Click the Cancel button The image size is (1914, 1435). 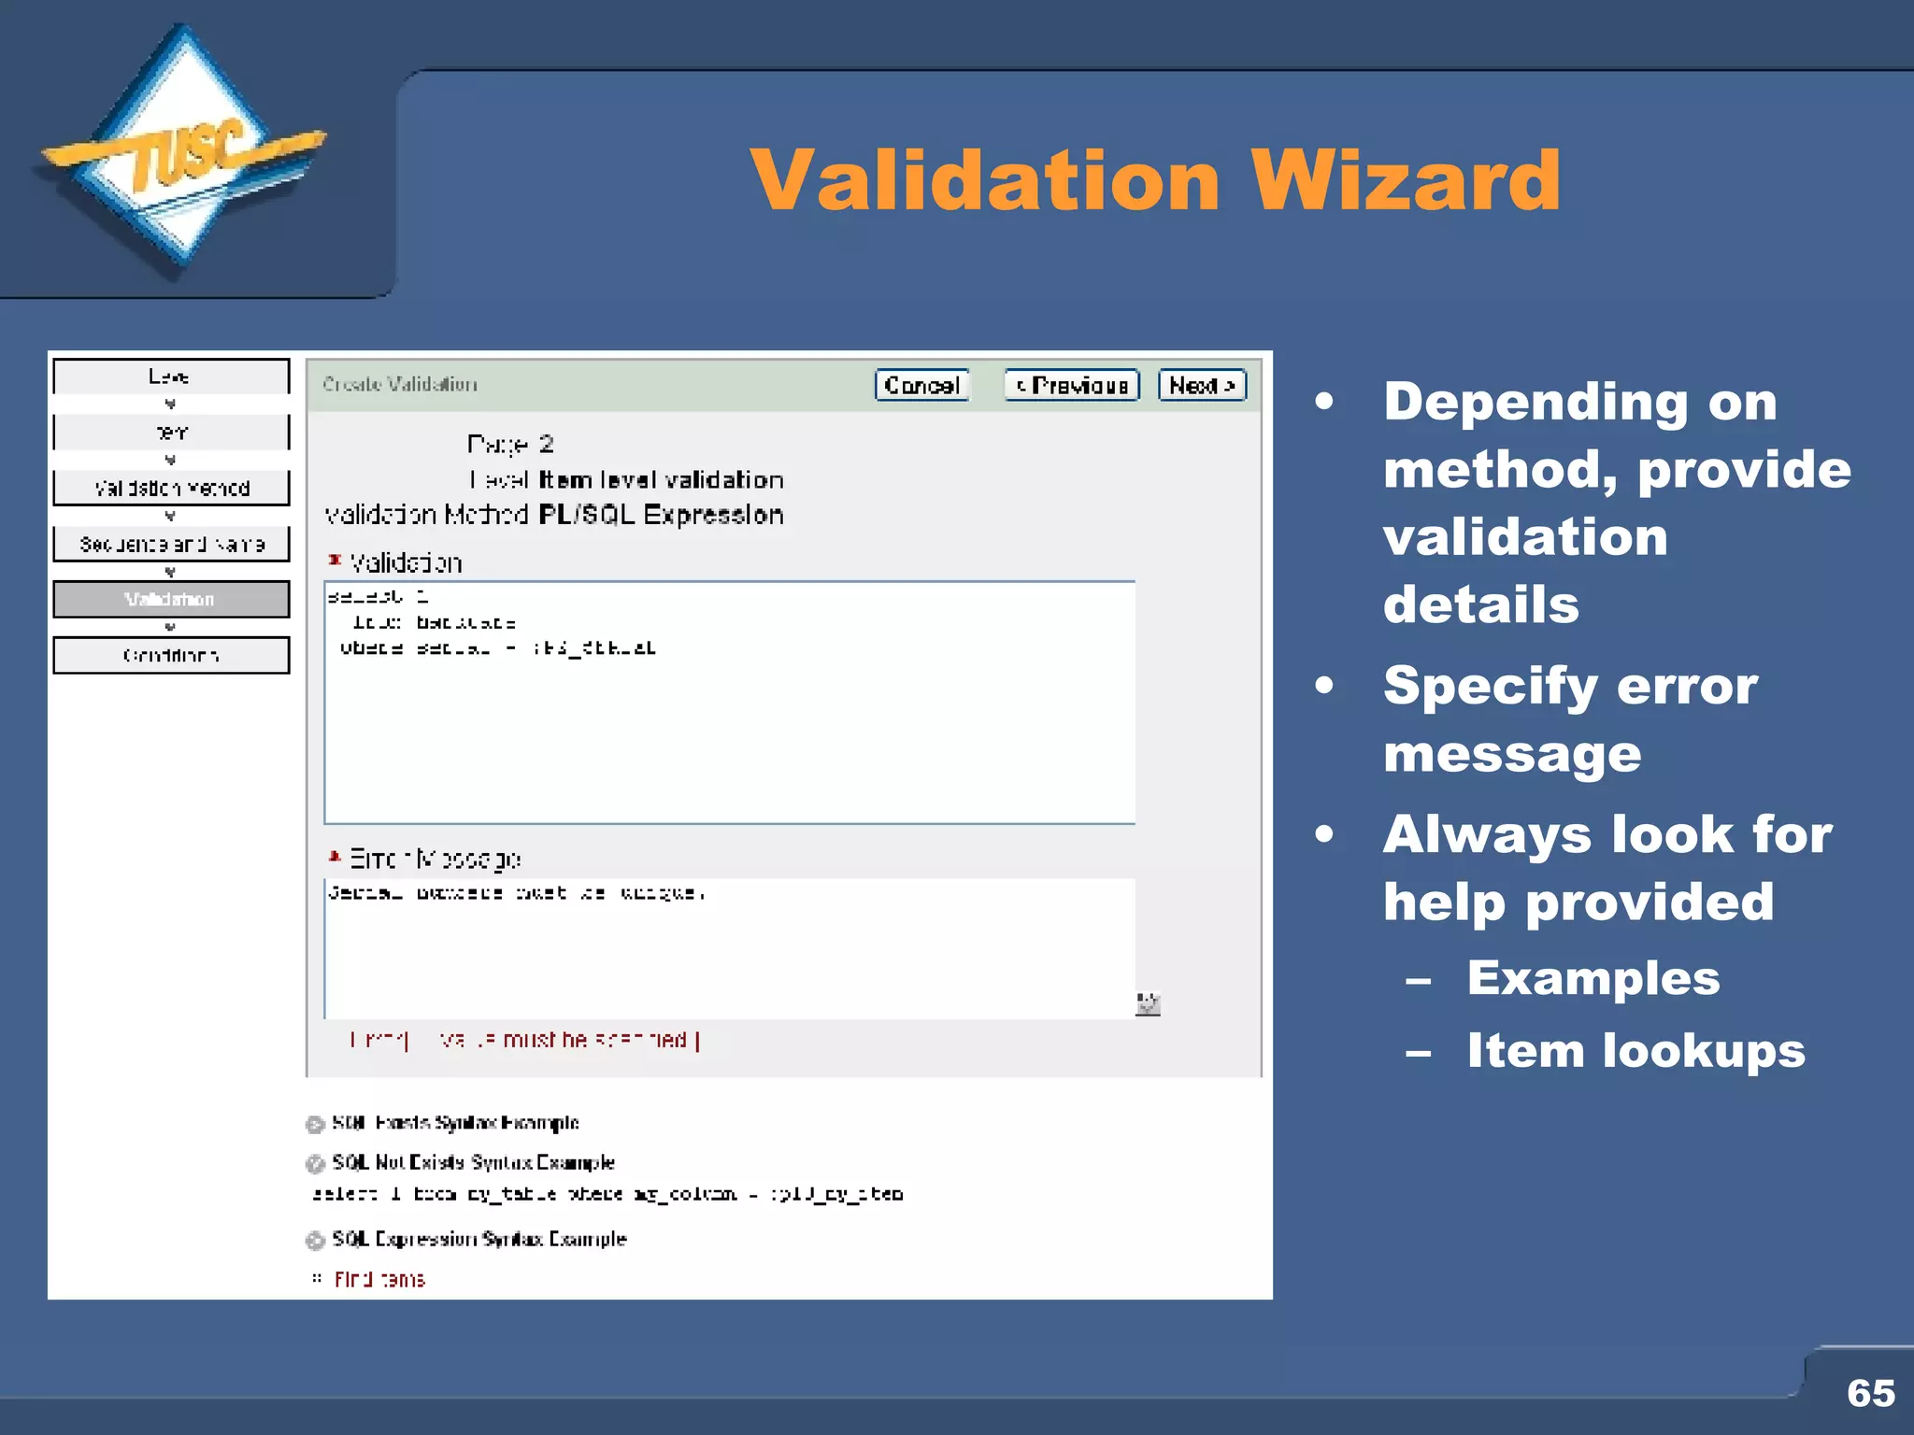921,385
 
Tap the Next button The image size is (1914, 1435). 1202,385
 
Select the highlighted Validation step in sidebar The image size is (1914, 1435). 171,599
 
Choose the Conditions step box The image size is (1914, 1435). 171,655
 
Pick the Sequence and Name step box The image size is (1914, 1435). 171,544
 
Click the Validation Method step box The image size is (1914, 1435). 171,488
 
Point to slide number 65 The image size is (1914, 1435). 1870,1393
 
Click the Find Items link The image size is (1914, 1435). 379,1279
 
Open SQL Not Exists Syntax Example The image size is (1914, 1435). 473,1162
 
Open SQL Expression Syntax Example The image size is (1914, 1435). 478,1239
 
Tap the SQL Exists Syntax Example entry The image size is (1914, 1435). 455,1123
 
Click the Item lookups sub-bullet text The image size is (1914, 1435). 1635,1050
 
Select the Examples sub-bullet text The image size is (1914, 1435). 1593,978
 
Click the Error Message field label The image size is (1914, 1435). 435,858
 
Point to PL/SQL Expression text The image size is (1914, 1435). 661,515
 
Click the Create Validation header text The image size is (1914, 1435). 400,384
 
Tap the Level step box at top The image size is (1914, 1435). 171,377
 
